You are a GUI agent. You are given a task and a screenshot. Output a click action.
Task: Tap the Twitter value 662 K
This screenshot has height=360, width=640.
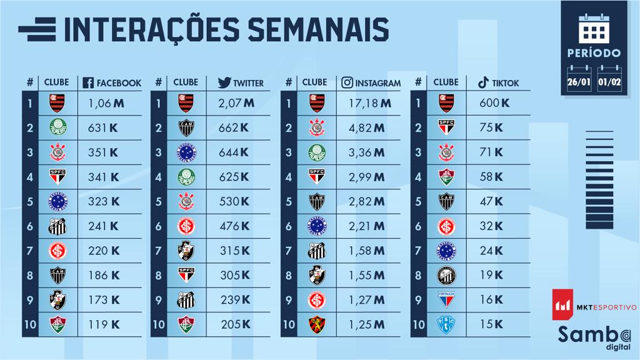pyautogui.click(x=236, y=128)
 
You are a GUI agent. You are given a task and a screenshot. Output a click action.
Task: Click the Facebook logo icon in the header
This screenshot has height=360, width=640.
pyautogui.click(x=88, y=82)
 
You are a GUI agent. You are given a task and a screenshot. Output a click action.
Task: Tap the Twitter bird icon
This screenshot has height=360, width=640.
pyautogui.click(x=224, y=82)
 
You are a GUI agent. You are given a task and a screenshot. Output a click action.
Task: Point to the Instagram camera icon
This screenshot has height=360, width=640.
pyautogui.click(x=347, y=82)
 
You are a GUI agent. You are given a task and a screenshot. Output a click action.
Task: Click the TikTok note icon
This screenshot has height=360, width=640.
pyautogui.click(x=482, y=82)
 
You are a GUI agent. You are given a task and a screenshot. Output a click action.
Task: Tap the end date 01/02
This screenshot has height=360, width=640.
pyautogui.click(x=609, y=81)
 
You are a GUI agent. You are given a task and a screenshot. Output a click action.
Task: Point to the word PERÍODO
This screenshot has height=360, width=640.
pyautogui.click(x=593, y=52)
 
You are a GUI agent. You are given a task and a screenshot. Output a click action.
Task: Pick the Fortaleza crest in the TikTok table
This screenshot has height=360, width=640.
pyautogui.click(x=446, y=299)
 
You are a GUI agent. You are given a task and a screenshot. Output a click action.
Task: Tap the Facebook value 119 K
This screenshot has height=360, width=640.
pyautogui.click(x=104, y=324)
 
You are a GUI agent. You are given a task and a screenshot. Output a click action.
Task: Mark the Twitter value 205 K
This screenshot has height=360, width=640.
pyautogui.click(x=236, y=324)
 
